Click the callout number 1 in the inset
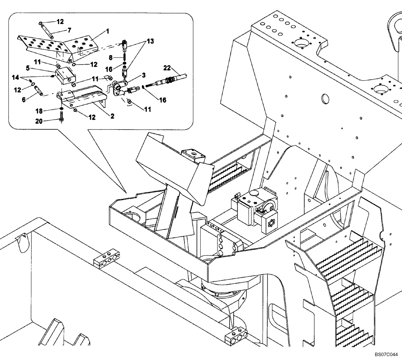coord(107,31)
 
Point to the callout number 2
coord(113,116)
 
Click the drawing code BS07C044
coord(386,355)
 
